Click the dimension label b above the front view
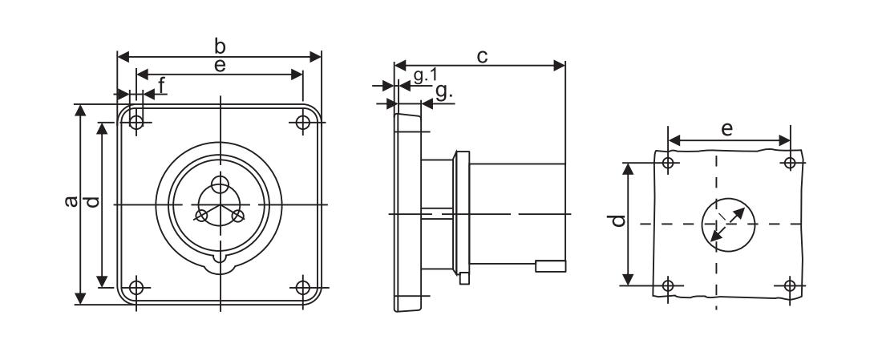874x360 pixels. pyautogui.click(x=221, y=47)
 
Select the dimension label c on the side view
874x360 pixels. pyautogui.click(x=482, y=56)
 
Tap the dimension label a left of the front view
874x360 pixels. pyautogui.click(x=71, y=201)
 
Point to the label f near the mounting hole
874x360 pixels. pyautogui.click(x=162, y=85)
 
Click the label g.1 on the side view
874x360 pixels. pyautogui.click(x=425, y=75)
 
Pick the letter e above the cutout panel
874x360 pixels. pyautogui.click(x=726, y=130)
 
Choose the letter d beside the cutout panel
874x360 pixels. pyautogui.click(x=617, y=220)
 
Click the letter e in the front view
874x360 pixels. pyautogui.click(x=221, y=66)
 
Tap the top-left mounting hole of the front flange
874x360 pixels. pyautogui.click(x=136, y=121)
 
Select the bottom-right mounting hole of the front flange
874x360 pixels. pyautogui.click(x=302, y=288)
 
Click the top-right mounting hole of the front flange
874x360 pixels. pyautogui.click(x=302, y=121)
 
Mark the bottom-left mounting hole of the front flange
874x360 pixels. pyautogui.click(x=136, y=288)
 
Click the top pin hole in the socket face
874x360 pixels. pyautogui.click(x=221, y=184)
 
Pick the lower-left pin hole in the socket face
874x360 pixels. pyautogui.click(x=201, y=216)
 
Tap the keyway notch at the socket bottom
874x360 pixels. pyautogui.click(x=221, y=260)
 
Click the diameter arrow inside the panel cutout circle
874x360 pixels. pyautogui.click(x=727, y=224)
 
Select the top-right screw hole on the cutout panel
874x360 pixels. pyautogui.click(x=789, y=163)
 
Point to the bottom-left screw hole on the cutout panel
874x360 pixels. pyautogui.click(x=668, y=286)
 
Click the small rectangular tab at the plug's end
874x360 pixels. pyautogui.click(x=551, y=266)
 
